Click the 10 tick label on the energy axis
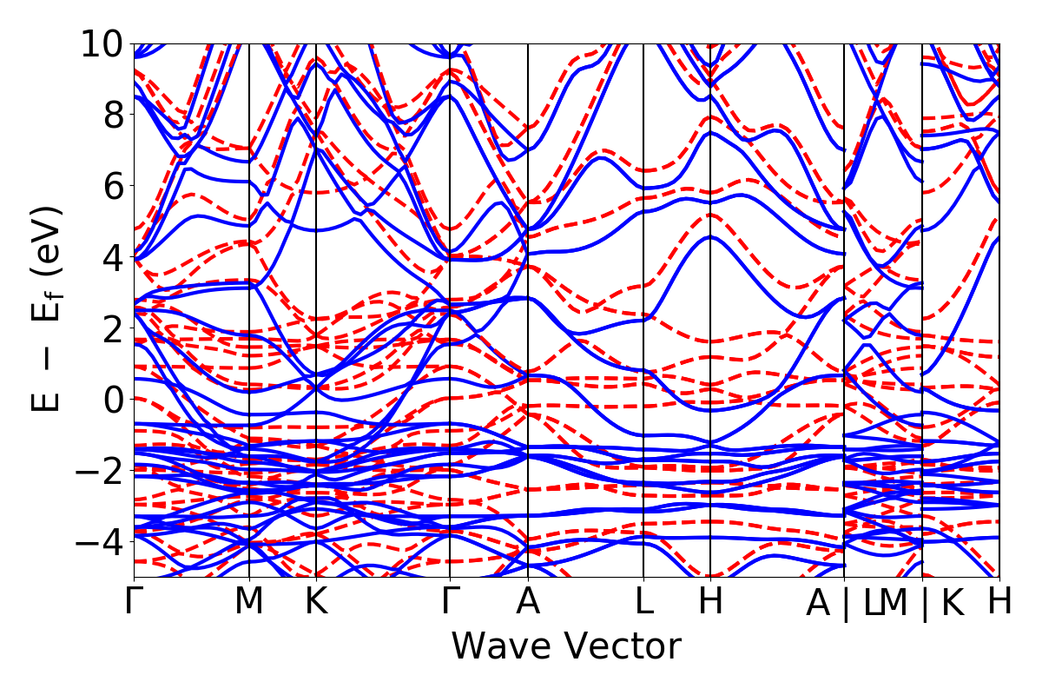tap(102, 43)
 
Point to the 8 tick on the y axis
tap(111, 115)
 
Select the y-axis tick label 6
tap(111, 186)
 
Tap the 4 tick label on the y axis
tap(111, 257)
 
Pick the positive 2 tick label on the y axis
tap(111, 328)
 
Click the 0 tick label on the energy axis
tap(111, 400)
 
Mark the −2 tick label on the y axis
tap(98, 471)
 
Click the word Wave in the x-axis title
tap(501, 647)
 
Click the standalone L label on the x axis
tap(643, 602)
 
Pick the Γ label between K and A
tap(450, 602)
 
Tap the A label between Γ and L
tap(528, 602)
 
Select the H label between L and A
tap(710, 602)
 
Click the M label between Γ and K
tap(249, 602)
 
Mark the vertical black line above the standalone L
tap(643, 261)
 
